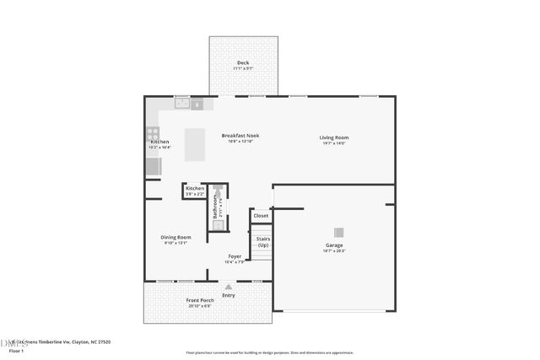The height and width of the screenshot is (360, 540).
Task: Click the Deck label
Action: pyautogui.click(x=243, y=62)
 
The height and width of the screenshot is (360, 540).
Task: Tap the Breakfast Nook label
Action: pyautogui.click(x=240, y=136)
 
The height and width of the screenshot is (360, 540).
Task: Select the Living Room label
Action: pyautogui.click(x=333, y=137)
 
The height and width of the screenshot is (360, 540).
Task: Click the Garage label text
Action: pyautogui.click(x=334, y=245)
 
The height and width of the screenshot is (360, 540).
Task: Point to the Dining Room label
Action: pyautogui.click(x=176, y=237)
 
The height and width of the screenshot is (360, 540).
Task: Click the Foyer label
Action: pyautogui.click(x=235, y=256)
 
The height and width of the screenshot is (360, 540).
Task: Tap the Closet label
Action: pyautogui.click(x=261, y=216)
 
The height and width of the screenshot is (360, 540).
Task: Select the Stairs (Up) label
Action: pyautogui.click(x=262, y=242)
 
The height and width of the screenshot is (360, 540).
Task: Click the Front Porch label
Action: pyautogui.click(x=200, y=300)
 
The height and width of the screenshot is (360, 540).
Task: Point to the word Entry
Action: pyautogui.click(x=229, y=295)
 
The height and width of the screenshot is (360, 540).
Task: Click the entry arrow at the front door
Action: pyautogui.click(x=228, y=287)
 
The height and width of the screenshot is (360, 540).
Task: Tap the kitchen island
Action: pyautogui.click(x=195, y=144)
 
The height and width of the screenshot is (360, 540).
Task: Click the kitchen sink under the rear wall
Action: pyautogui.click(x=181, y=104)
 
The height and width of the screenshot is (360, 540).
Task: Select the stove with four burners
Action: pyautogui.click(x=153, y=132)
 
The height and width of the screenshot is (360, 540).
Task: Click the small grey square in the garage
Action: pyautogui.click(x=338, y=234)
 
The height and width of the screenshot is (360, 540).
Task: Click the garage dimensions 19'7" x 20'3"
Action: pyautogui.click(x=334, y=251)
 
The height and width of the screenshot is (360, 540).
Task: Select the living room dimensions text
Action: pyautogui.click(x=333, y=143)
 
